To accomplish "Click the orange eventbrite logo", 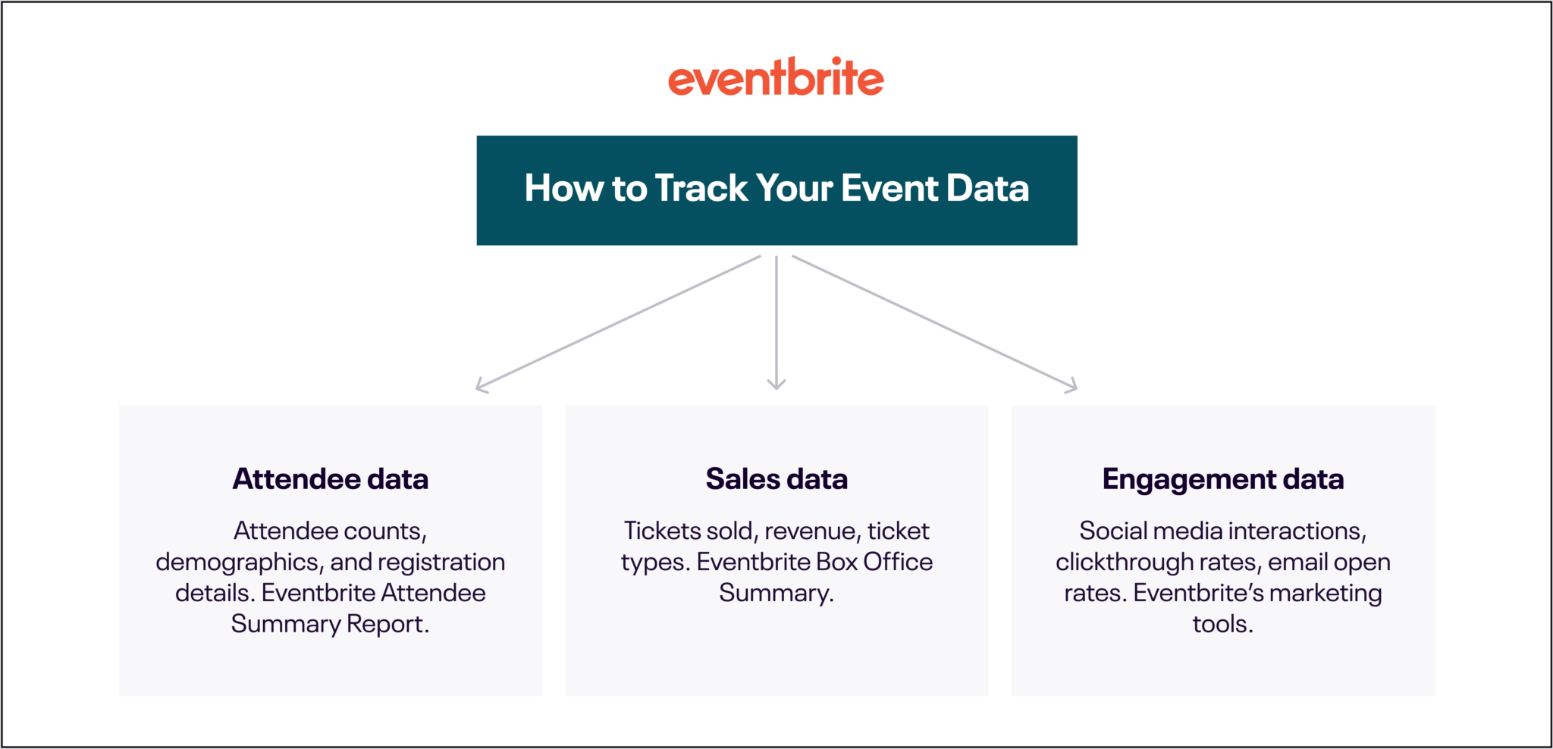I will click(x=776, y=78).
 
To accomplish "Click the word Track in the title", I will click(x=701, y=188).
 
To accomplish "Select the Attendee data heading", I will click(x=330, y=479).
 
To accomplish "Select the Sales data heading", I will click(x=776, y=479).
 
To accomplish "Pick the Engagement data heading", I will click(x=1222, y=479).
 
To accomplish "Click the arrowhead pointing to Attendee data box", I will click(x=481, y=387).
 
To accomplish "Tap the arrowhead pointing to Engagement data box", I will click(x=1071, y=387).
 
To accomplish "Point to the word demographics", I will click(x=237, y=563).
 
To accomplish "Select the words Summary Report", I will click(x=330, y=624).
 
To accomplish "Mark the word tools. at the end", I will click(x=1222, y=624).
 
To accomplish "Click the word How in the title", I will click(x=563, y=188).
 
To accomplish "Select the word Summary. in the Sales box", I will click(x=776, y=594).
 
